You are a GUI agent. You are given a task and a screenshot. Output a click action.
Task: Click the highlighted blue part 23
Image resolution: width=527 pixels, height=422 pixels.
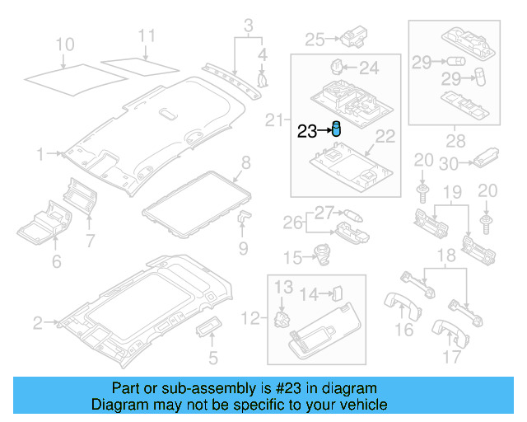[336, 129]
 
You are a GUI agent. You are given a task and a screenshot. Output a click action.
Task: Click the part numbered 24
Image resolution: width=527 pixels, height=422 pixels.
[337, 65]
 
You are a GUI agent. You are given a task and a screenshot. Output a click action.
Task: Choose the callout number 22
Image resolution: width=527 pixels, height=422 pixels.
[385, 135]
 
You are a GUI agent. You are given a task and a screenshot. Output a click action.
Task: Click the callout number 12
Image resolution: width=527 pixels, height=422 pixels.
[250, 316]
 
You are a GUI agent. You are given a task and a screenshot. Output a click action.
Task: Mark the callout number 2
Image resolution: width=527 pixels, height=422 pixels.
[37, 323]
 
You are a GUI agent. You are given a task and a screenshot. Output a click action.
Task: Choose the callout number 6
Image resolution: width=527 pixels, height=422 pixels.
[57, 261]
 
